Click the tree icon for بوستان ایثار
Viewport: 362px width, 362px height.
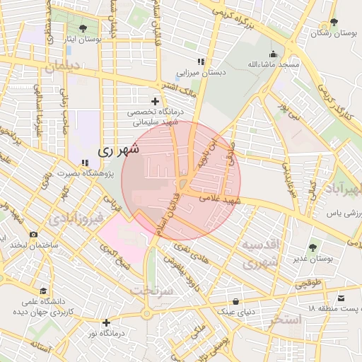point(83,28)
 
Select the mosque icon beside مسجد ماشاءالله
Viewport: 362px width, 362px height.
point(273,54)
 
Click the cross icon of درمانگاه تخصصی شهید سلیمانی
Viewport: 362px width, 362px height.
point(155,102)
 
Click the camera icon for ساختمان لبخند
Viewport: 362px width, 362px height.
point(33,234)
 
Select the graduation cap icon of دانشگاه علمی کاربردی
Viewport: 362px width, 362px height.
point(43,291)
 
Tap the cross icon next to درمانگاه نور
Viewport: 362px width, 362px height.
point(106,323)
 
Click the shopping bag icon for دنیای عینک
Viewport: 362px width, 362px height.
point(235,300)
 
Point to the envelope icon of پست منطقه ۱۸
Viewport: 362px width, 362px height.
point(342,299)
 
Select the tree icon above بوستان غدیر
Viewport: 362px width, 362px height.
point(313,247)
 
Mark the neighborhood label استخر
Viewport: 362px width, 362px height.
point(285,320)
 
